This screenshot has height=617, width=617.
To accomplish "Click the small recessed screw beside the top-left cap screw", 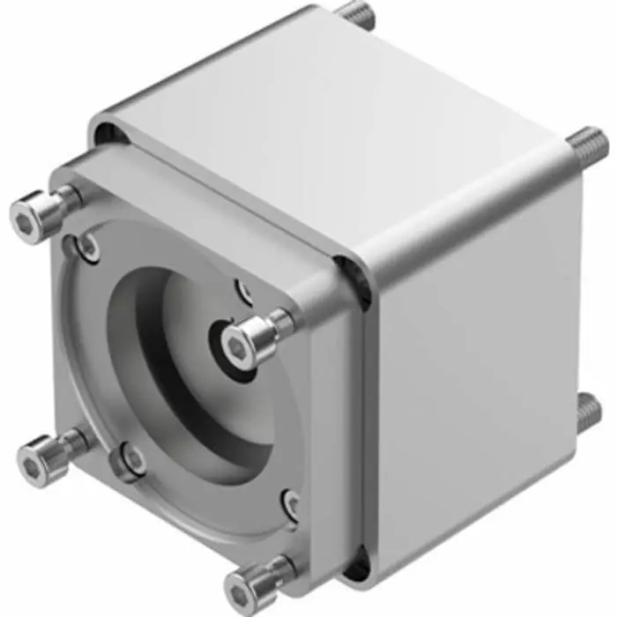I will coord(88,248).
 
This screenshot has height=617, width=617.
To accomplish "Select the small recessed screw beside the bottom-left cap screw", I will coord(134,459).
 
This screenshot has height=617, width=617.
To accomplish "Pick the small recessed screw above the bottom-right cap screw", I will coord(292,503).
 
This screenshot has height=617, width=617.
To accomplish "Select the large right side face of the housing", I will coord(476,361).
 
